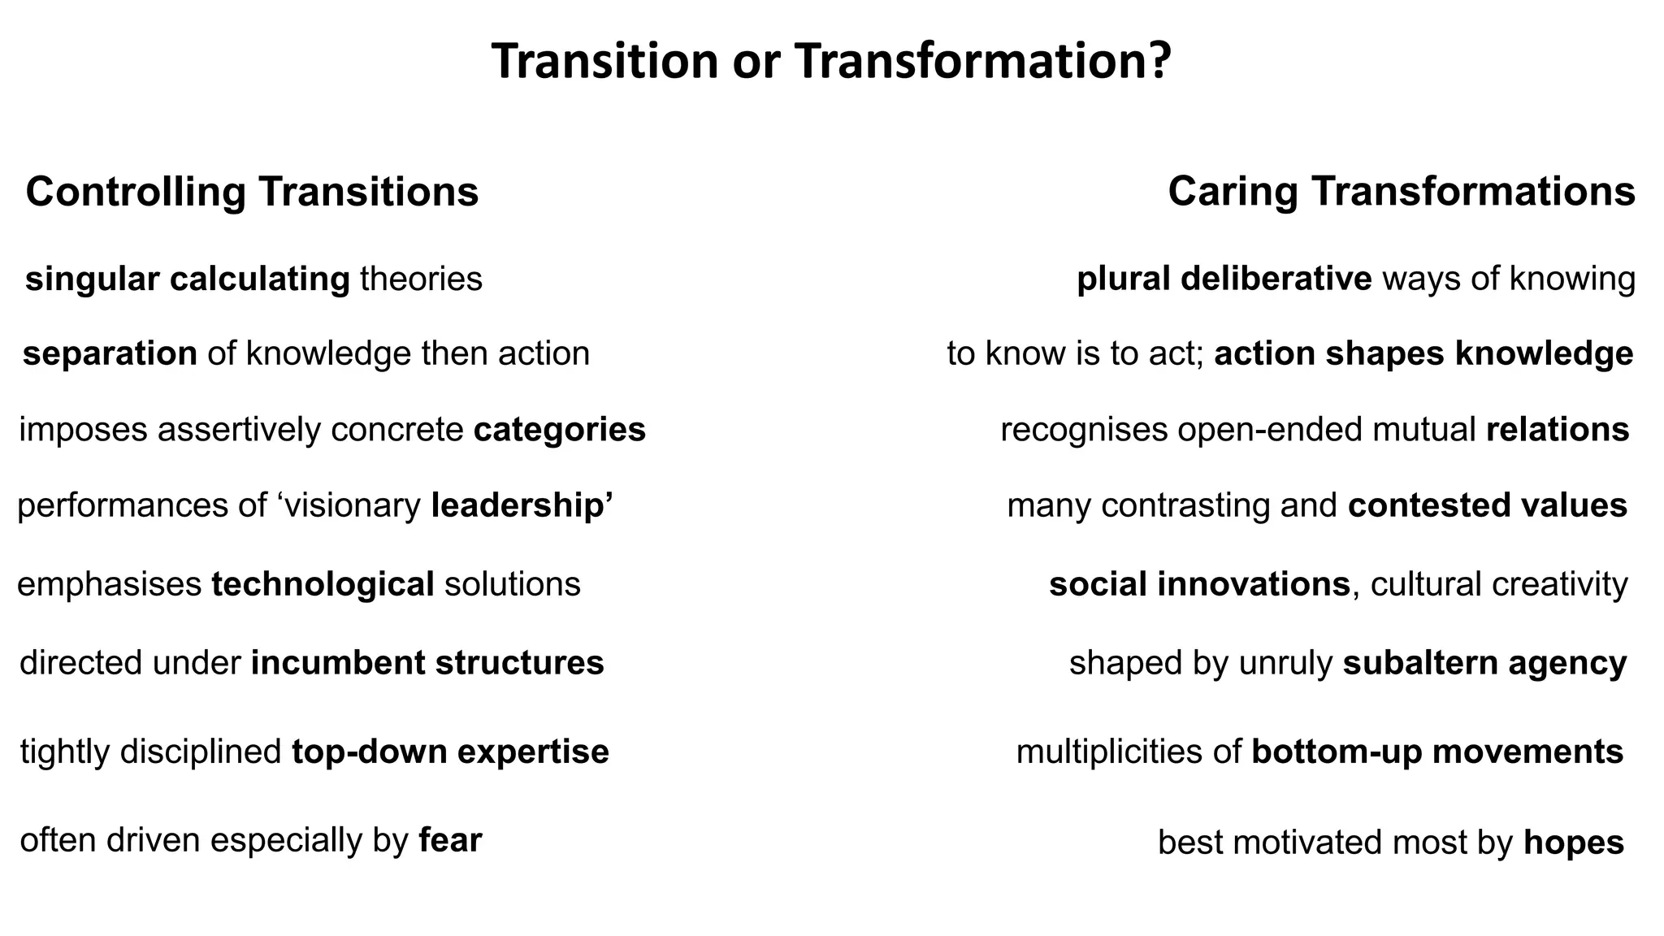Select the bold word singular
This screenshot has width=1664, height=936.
click(93, 279)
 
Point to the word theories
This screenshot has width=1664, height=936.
click(421, 279)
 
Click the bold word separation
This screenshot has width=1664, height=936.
click(110, 354)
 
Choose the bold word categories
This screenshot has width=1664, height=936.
click(559, 430)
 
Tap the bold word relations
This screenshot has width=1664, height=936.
click(1558, 430)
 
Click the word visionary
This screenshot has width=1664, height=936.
click(349, 505)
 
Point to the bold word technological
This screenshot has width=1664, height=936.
click(323, 585)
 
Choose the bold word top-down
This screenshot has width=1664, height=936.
click(370, 752)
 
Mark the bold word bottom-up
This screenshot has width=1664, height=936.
click(1337, 752)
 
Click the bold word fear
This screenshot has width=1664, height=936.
click(450, 840)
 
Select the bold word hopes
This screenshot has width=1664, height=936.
click(1574, 843)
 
